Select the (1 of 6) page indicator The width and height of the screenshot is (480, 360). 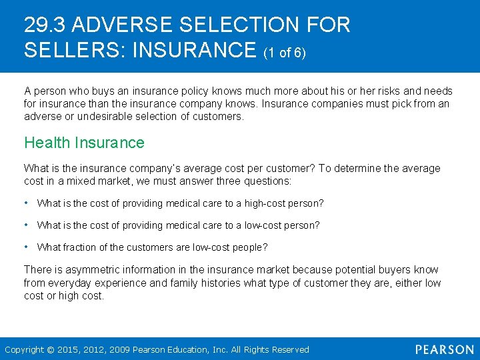285,52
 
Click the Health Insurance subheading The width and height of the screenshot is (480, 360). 84,143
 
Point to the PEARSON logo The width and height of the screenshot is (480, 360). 443,349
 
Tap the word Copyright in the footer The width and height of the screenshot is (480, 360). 25,349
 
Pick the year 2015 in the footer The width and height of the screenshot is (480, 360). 69,349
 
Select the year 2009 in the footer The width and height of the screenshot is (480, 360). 120,349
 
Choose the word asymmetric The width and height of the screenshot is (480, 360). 84,270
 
